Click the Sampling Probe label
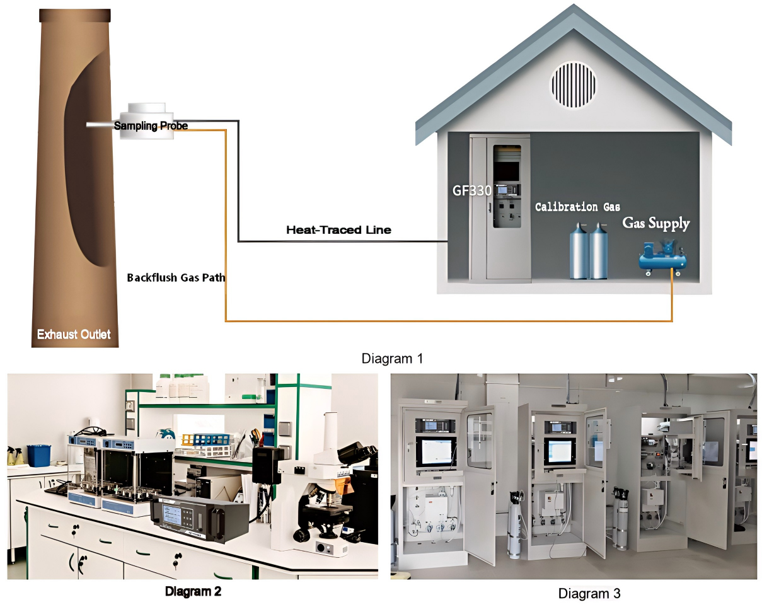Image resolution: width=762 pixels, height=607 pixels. pyautogui.click(x=151, y=126)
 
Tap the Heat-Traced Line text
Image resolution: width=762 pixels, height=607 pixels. pyautogui.click(x=338, y=230)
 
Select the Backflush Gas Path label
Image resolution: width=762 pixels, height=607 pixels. pyautogui.click(x=176, y=277)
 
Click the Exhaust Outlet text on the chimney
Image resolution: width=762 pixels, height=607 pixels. pyautogui.click(x=74, y=334)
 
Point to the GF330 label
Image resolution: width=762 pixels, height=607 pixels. pyautogui.click(x=471, y=190)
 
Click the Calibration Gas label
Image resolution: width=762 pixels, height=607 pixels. pyautogui.click(x=577, y=207)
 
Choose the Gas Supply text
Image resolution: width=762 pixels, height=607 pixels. pyautogui.click(x=656, y=223)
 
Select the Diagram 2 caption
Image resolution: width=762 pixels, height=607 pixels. pyautogui.click(x=193, y=592)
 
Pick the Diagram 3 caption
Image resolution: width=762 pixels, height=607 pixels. pyautogui.click(x=589, y=593)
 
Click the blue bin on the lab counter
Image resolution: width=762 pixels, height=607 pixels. pyautogui.click(x=39, y=455)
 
